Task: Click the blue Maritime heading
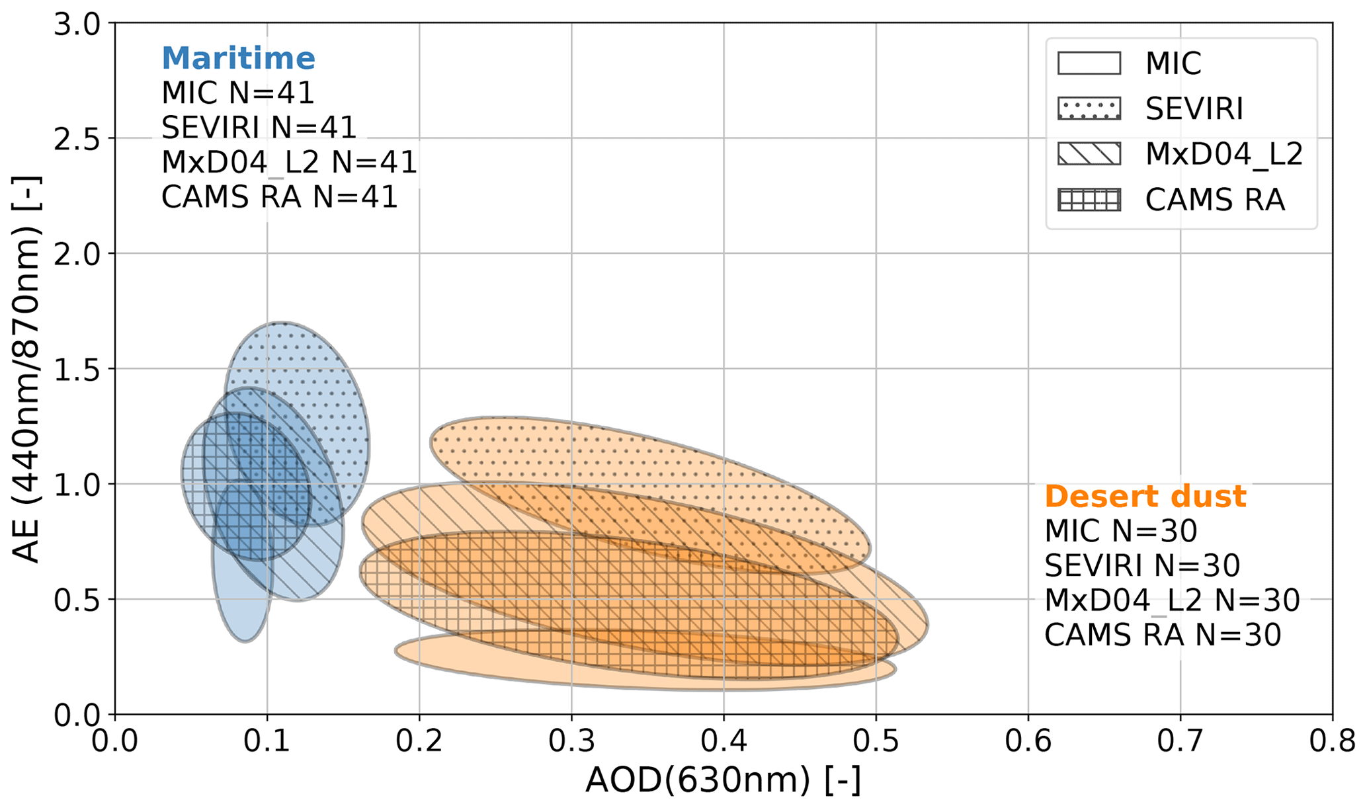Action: click(238, 58)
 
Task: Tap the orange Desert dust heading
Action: click(1145, 497)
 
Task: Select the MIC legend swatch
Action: click(1089, 63)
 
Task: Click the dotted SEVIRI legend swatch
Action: click(1089, 108)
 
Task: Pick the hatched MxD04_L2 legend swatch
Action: click(1089, 154)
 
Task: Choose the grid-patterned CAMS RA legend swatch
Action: click(1089, 200)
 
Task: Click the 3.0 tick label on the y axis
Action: click(75, 25)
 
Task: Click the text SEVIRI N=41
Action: click(259, 128)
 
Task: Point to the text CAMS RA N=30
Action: click(1162, 635)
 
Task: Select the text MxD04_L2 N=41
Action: click(289, 163)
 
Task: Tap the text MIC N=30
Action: click(1120, 531)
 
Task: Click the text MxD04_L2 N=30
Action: click(1171, 600)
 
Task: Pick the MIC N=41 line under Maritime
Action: click(237, 93)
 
